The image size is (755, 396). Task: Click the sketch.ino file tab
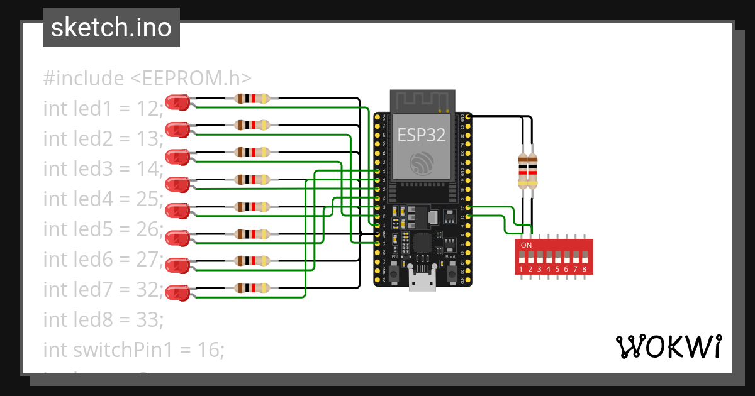point(111,28)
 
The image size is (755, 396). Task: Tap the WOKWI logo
point(668,346)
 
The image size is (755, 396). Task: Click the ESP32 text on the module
point(421,135)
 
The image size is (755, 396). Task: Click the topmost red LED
point(177,102)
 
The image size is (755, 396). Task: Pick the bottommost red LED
point(177,292)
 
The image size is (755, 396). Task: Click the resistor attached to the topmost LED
point(252,98)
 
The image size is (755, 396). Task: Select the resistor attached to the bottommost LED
point(252,288)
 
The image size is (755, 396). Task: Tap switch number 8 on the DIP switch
point(584,258)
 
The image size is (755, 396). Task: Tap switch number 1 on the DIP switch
point(521,258)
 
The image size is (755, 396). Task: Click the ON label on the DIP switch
point(527,245)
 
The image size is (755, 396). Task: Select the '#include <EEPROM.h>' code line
point(147,79)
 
